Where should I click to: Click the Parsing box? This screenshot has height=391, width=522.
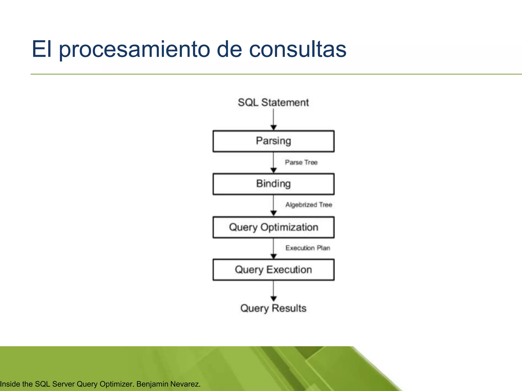pyautogui.click(x=273, y=141)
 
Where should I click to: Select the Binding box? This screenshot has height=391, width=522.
pyautogui.click(x=273, y=184)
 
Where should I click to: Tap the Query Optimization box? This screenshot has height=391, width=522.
pyautogui.click(x=273, y=227)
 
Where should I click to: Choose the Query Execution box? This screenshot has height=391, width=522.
pyautogui.click(x=273, y=270)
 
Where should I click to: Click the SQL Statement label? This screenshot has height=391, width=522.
pyautogui.click(x=273, y=103)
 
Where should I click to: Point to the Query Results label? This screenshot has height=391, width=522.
pyautogui.click(x=273, y=308)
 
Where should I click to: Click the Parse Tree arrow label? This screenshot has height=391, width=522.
pyautogui.click(x=301, y=162)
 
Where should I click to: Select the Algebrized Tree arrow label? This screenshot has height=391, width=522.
pyautogui.click(x=308, y=205)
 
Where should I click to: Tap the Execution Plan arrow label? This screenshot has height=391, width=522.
pyautogui.click(x=308, y=248)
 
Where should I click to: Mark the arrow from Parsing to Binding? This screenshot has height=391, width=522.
pyautogui.click(x=273, y=162)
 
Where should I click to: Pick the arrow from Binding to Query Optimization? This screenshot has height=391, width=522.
pyautogui.click(x=273, y=205)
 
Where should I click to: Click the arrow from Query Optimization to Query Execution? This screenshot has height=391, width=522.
pyautogui.click(x=273, y=248)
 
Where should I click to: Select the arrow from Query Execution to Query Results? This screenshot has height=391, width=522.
pyautogui.click(x=273, y=291)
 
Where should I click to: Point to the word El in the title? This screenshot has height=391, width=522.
pyautogui.click(x=42, y=49)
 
